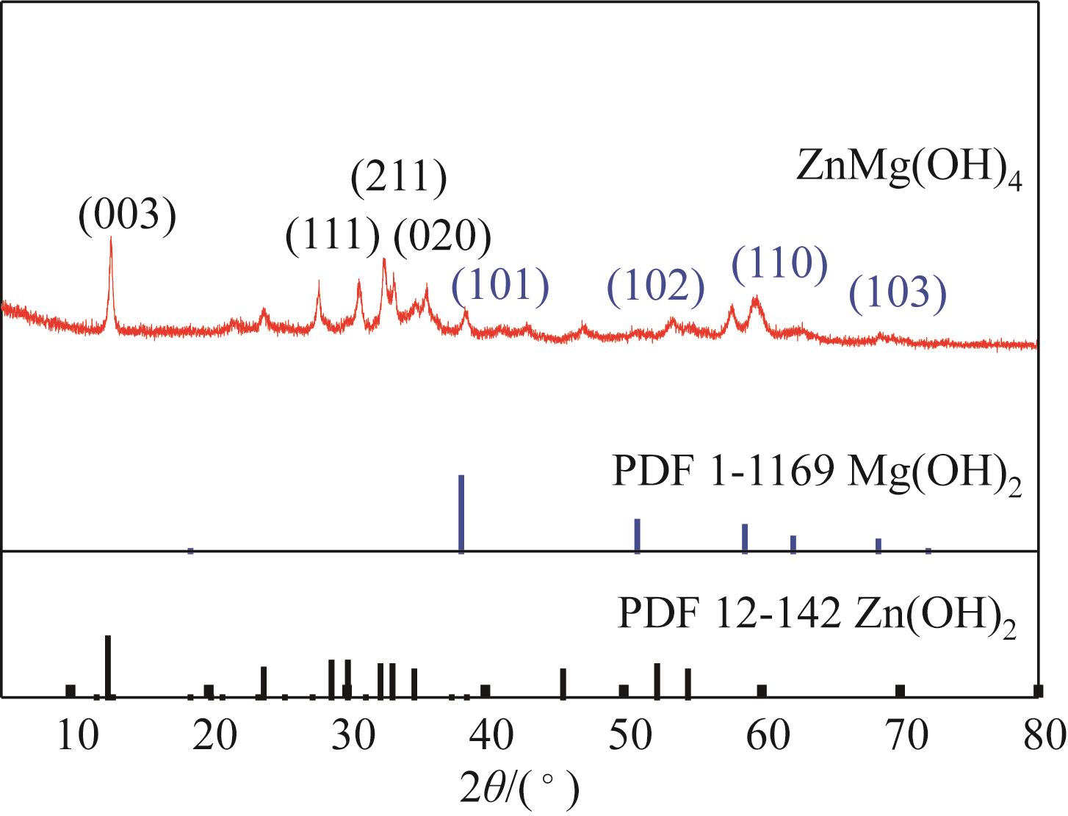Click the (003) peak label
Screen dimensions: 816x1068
(129, 215)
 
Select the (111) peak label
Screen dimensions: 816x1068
(333, 236)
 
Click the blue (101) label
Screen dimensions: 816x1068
(500, 286)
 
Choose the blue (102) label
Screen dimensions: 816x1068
(657, 286)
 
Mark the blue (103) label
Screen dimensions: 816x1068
(898, 293)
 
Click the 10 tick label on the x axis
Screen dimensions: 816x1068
(79, 734)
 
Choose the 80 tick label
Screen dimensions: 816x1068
(1037, 734)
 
